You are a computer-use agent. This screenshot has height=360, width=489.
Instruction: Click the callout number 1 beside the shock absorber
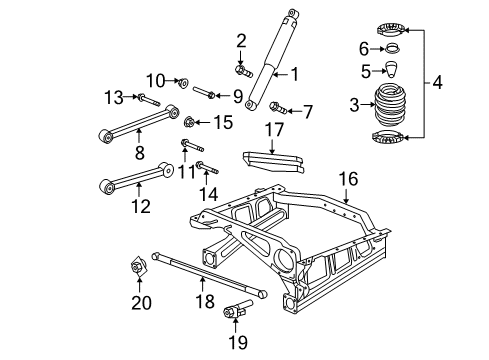[x=294, y=72]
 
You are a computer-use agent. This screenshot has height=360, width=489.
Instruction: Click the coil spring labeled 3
[x=385, y=104]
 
